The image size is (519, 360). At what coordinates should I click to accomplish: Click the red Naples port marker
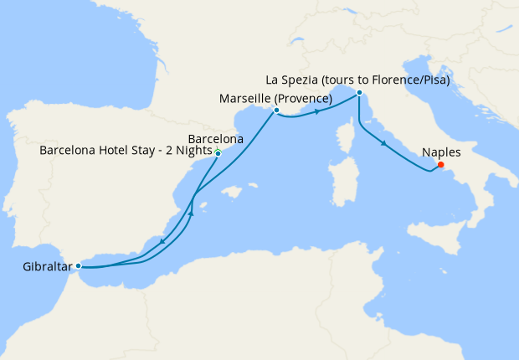coord(440,164)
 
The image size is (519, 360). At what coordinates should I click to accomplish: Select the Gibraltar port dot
coord(78,265)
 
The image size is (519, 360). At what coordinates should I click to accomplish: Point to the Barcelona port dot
coord(218,154)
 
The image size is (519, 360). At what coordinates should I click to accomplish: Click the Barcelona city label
coord(216,138)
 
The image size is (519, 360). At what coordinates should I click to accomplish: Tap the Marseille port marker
coord(276,110)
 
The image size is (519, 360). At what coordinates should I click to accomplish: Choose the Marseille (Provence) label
coord(275,99)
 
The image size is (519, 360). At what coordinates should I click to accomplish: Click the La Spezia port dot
coord(358,92)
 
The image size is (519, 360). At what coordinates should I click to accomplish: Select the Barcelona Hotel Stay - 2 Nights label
coord(126,152)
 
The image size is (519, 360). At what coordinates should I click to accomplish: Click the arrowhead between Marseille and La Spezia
coord(318,111)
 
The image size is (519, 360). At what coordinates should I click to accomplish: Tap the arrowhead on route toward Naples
coord(383,144)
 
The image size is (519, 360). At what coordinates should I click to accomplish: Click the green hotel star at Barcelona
coord(217,150)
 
